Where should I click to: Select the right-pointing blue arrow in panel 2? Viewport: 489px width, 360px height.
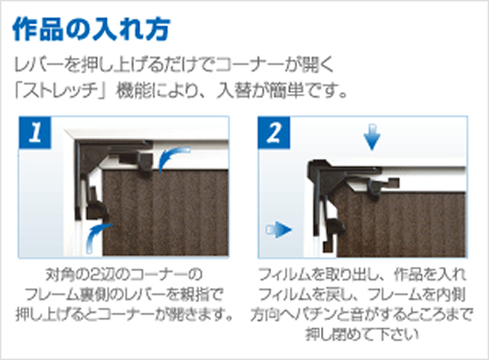pyautogui.click(x=282, y=228)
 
